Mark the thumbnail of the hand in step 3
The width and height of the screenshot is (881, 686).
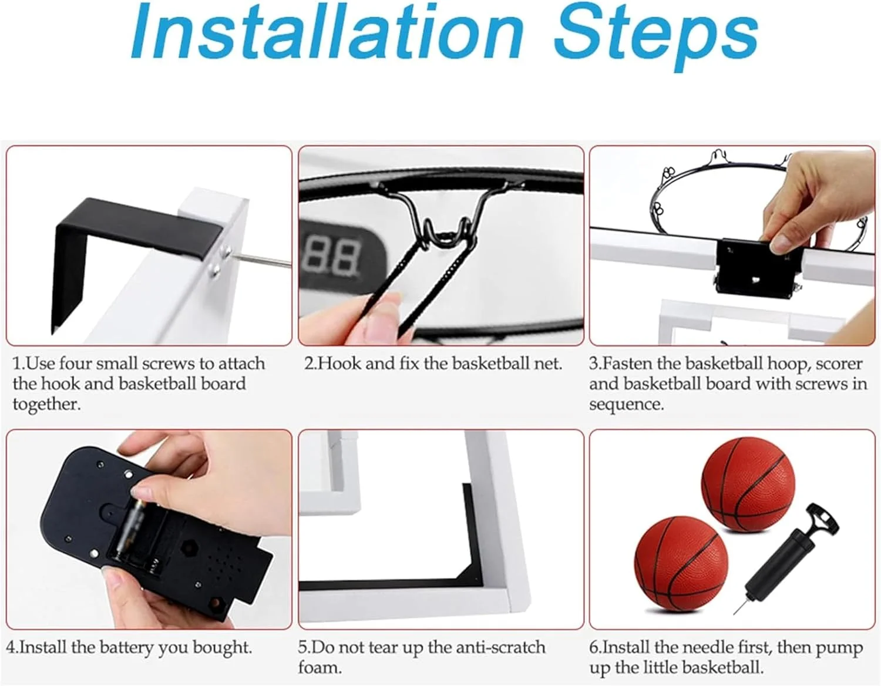pos(782,244)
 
